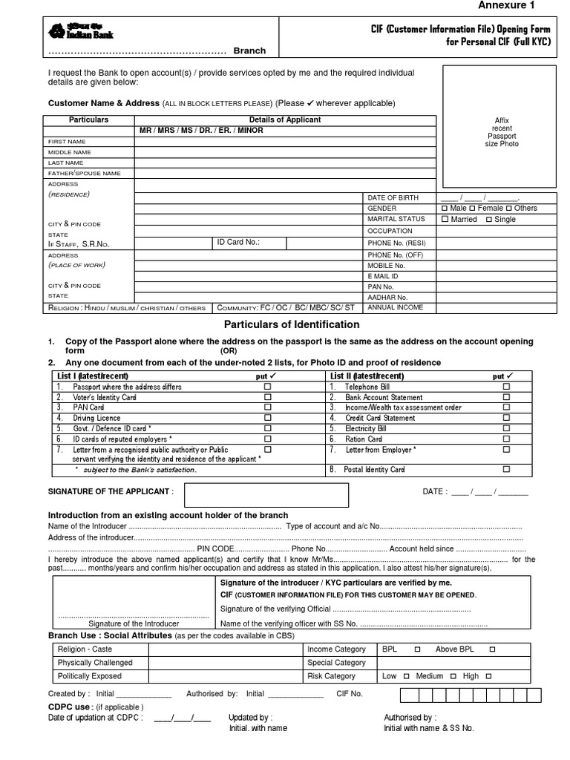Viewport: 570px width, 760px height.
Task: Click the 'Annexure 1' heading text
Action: pyautogui.click(x=505, y=6)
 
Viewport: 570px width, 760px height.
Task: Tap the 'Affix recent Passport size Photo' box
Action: pyautogui.click(x=502, y=127)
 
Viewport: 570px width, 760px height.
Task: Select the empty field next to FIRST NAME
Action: pyautogui.click(x=284, y=141)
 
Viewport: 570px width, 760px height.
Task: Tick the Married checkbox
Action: pyautogui.click(x=445, y=220)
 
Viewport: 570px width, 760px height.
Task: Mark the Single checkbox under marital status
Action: pyautogui.click(x=489, y=220)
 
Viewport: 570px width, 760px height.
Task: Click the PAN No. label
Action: pyautogui.click(x=380, y=286)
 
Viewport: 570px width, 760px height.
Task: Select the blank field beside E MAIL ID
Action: pyautogui.click(x=497, y=275)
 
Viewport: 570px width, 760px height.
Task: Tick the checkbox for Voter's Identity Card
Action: pyautogui.click(x=268, y=398)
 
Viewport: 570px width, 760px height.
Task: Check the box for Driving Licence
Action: pyautogui.click(x=268, y=419)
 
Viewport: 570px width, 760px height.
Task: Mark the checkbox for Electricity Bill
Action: pyautogui.click(x=506, y=429)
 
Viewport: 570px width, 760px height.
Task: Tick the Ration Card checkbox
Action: pyautogui.click(x=506, y=439)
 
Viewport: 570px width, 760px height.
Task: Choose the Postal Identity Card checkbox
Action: pyautogui.click(x=506, y=470)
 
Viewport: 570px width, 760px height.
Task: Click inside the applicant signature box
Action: pyautogui.click(x=266, y=495)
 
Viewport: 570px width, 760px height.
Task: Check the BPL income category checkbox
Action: pyautogui.click(x=417, y=649)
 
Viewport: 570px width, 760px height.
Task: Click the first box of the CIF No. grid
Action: pyautogui.click(x=407, y=695)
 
